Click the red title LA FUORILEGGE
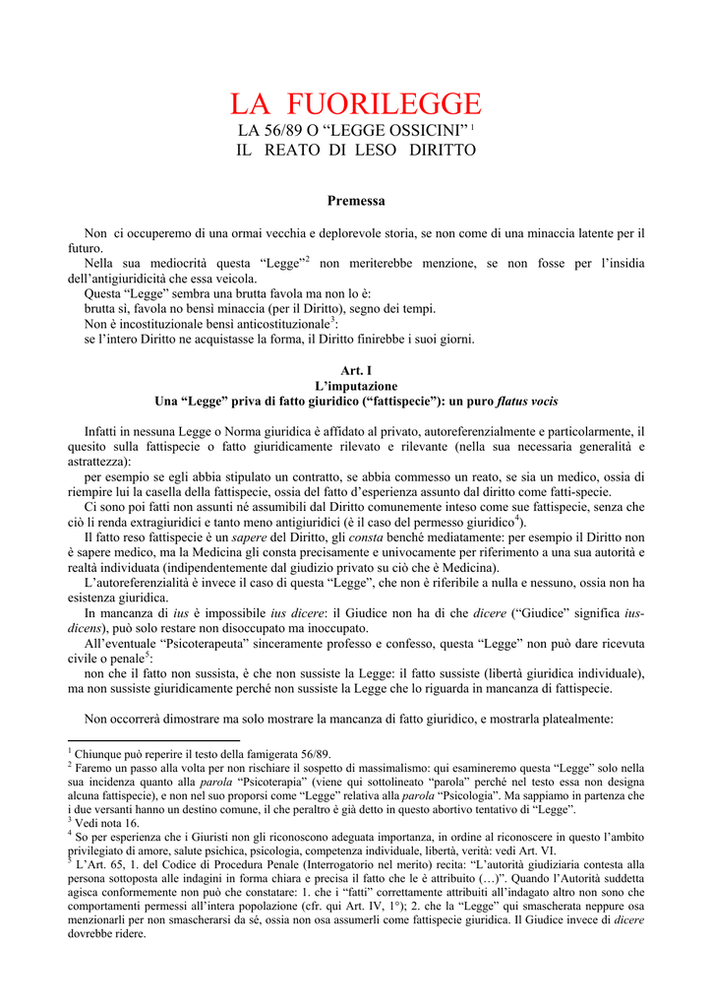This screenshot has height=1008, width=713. [x=356, y=104]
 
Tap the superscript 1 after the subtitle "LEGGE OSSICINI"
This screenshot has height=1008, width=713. [x=473, y=127]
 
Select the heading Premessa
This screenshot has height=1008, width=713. [x=356, y=200]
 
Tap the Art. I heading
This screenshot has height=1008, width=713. [x=356, y=371]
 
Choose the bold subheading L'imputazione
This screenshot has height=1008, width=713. [x=356, y=386]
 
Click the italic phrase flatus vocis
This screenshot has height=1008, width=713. [x=527, y=402]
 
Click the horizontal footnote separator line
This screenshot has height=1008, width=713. [x=153, y=740]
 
